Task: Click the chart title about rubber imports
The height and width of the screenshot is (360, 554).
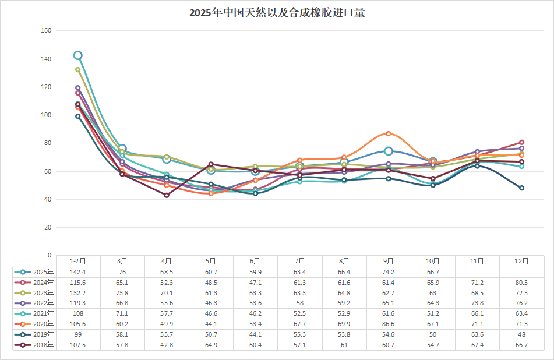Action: [277, 12]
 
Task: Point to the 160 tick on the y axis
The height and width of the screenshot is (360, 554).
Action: [46, 31]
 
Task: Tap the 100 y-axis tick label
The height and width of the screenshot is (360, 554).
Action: [46, 115]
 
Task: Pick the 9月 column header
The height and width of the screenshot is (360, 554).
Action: [389, 261]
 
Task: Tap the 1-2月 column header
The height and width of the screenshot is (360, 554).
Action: [78, 261]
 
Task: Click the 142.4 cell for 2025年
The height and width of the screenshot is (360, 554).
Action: [78, 272]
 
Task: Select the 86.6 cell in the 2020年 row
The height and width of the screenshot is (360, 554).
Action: [389, 324]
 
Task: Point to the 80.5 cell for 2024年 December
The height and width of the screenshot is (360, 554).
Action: [521, 283]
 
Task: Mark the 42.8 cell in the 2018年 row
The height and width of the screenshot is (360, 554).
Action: [167, 345]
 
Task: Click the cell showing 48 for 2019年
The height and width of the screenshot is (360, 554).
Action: [521, 335]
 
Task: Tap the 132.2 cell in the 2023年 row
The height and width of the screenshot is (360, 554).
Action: [78, 293]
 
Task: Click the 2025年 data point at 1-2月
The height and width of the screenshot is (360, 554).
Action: [78, 55]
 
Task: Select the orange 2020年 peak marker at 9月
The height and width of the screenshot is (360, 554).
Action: [389, 133]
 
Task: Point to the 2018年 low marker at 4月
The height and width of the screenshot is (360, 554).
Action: [167, 195]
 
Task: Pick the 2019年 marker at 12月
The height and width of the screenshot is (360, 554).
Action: [521, 188]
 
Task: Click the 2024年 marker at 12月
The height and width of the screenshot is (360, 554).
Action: [521, 142]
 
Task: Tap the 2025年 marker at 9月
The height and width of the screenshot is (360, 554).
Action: [389, 151]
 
